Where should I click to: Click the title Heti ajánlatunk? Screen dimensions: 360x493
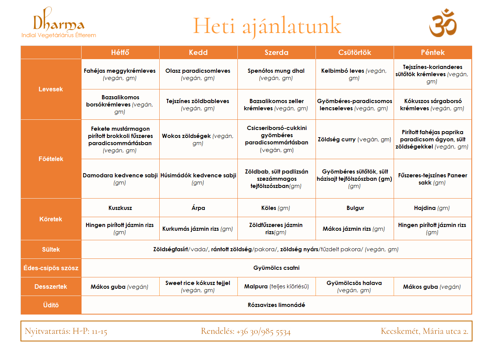pos(267,26)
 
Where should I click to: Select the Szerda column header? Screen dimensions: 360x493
pos(276,52)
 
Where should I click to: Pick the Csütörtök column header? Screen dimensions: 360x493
pos(355,52)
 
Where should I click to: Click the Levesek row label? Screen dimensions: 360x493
pos(51,89)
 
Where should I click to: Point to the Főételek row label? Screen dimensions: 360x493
pos(51,159)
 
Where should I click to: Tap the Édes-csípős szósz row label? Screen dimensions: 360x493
pos(51,268)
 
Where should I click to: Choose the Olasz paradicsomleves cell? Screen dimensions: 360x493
pos(198,74)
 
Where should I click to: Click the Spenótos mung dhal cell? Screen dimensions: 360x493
pos(276,74)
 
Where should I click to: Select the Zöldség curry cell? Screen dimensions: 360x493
pos(354,139)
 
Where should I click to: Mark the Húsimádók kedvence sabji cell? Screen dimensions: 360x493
pos(198,178)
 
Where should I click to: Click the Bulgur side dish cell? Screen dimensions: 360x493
pos(355,208)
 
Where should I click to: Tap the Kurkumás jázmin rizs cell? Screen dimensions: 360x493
pos(198,229)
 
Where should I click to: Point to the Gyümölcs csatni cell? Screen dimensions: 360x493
pos(276,268)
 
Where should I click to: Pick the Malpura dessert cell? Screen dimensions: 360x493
pos(276,286)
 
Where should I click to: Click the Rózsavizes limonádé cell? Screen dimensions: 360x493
pos(276,305)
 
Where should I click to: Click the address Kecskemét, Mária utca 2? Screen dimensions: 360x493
pos(424,331)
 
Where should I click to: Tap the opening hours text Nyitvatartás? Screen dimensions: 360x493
pos(66,331)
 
